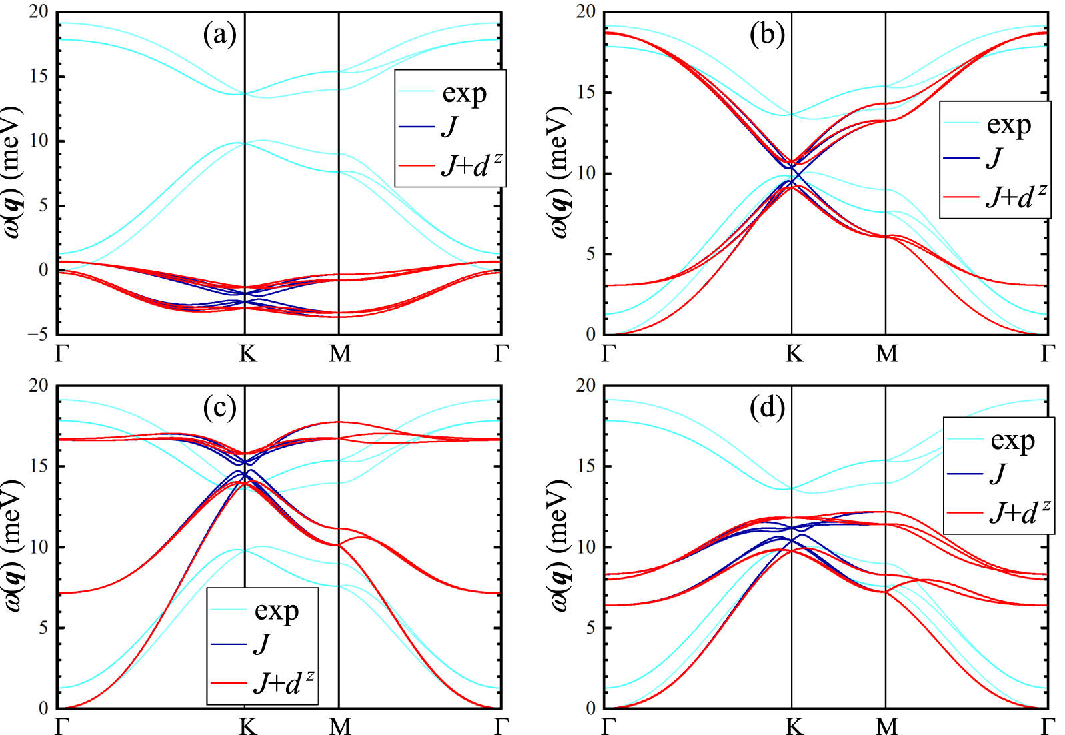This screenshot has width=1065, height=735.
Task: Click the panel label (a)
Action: pyautogui.click(x=220, y=34)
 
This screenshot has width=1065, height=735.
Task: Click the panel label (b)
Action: pyautogui.click(x=767, y=34)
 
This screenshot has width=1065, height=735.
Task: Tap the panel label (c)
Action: pyautogui.click(x=220, y=407)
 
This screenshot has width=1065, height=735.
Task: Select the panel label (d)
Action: pyautogui.click(x=767, y=407)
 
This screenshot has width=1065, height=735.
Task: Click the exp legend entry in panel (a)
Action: pyautogui.click(x=464, y=93)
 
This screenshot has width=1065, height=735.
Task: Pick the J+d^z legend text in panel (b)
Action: pyautogui.click(x=1016, y=197)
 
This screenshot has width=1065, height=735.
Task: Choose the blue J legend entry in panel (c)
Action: pyautogui.click(x=262, y=644)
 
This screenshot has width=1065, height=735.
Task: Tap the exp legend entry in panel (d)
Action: pyautogui.click(x=1012, y=440)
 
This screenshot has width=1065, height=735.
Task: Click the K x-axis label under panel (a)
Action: pyautogui.click(x=247, y=353)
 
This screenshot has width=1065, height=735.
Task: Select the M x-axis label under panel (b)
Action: pyautogui.click(x=886, y=353)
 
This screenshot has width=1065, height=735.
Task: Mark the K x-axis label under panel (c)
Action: pyautogui.click(x=247, y=726)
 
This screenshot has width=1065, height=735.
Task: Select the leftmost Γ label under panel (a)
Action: pyautogui.click(x=62, y=353)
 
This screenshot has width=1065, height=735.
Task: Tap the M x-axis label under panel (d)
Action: pyautogui.click(x=886, y=726)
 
